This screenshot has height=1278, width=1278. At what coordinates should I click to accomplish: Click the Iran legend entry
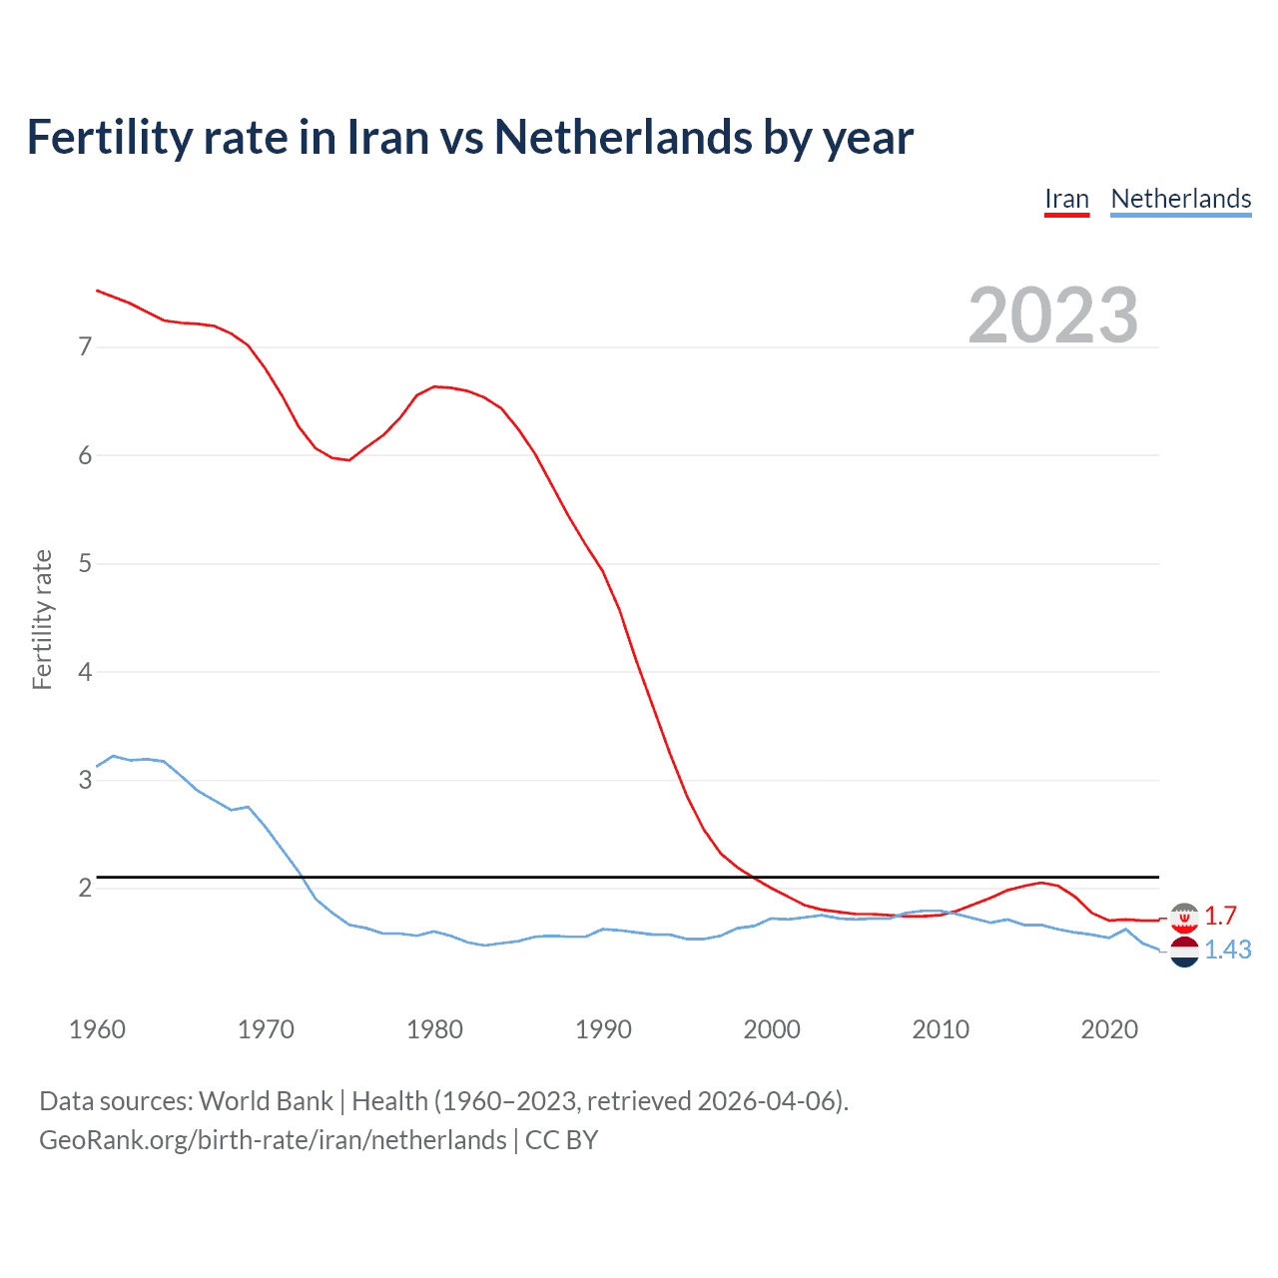coord(1066,199)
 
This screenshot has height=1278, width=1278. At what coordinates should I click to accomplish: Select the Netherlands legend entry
coord(1180,199)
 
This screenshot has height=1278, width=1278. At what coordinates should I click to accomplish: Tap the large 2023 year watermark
coord(1053,316)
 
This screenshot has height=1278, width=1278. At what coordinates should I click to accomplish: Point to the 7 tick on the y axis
coord(85,347)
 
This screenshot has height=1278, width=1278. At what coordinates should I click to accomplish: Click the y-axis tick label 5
coord(85,564)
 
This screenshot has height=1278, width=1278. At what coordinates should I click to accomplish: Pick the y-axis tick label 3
coord(85,780)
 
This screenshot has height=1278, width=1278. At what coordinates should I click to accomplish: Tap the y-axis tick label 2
coord(85,888)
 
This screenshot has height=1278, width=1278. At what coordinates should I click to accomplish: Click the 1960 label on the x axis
coord(97,1029)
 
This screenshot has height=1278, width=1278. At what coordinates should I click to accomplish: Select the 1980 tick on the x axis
coord(434,1029)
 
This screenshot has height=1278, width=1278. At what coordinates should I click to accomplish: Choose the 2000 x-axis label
coord(772,1029)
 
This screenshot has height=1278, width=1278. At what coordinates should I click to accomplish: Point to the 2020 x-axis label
coord(1109,1029)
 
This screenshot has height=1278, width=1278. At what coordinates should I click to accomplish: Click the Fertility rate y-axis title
coord(42,619)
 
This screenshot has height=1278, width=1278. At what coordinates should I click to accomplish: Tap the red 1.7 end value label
coord(1220,916)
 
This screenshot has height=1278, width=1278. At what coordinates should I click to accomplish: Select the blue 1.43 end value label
coord(1227,950)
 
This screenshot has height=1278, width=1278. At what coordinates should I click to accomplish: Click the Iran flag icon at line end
coord(1184,917)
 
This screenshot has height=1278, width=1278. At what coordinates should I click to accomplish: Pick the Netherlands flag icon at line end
coord(1184,952)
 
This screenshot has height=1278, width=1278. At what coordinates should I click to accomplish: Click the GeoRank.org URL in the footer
coord(273,1140)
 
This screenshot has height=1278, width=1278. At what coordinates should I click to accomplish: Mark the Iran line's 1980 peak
coord(434,386)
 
